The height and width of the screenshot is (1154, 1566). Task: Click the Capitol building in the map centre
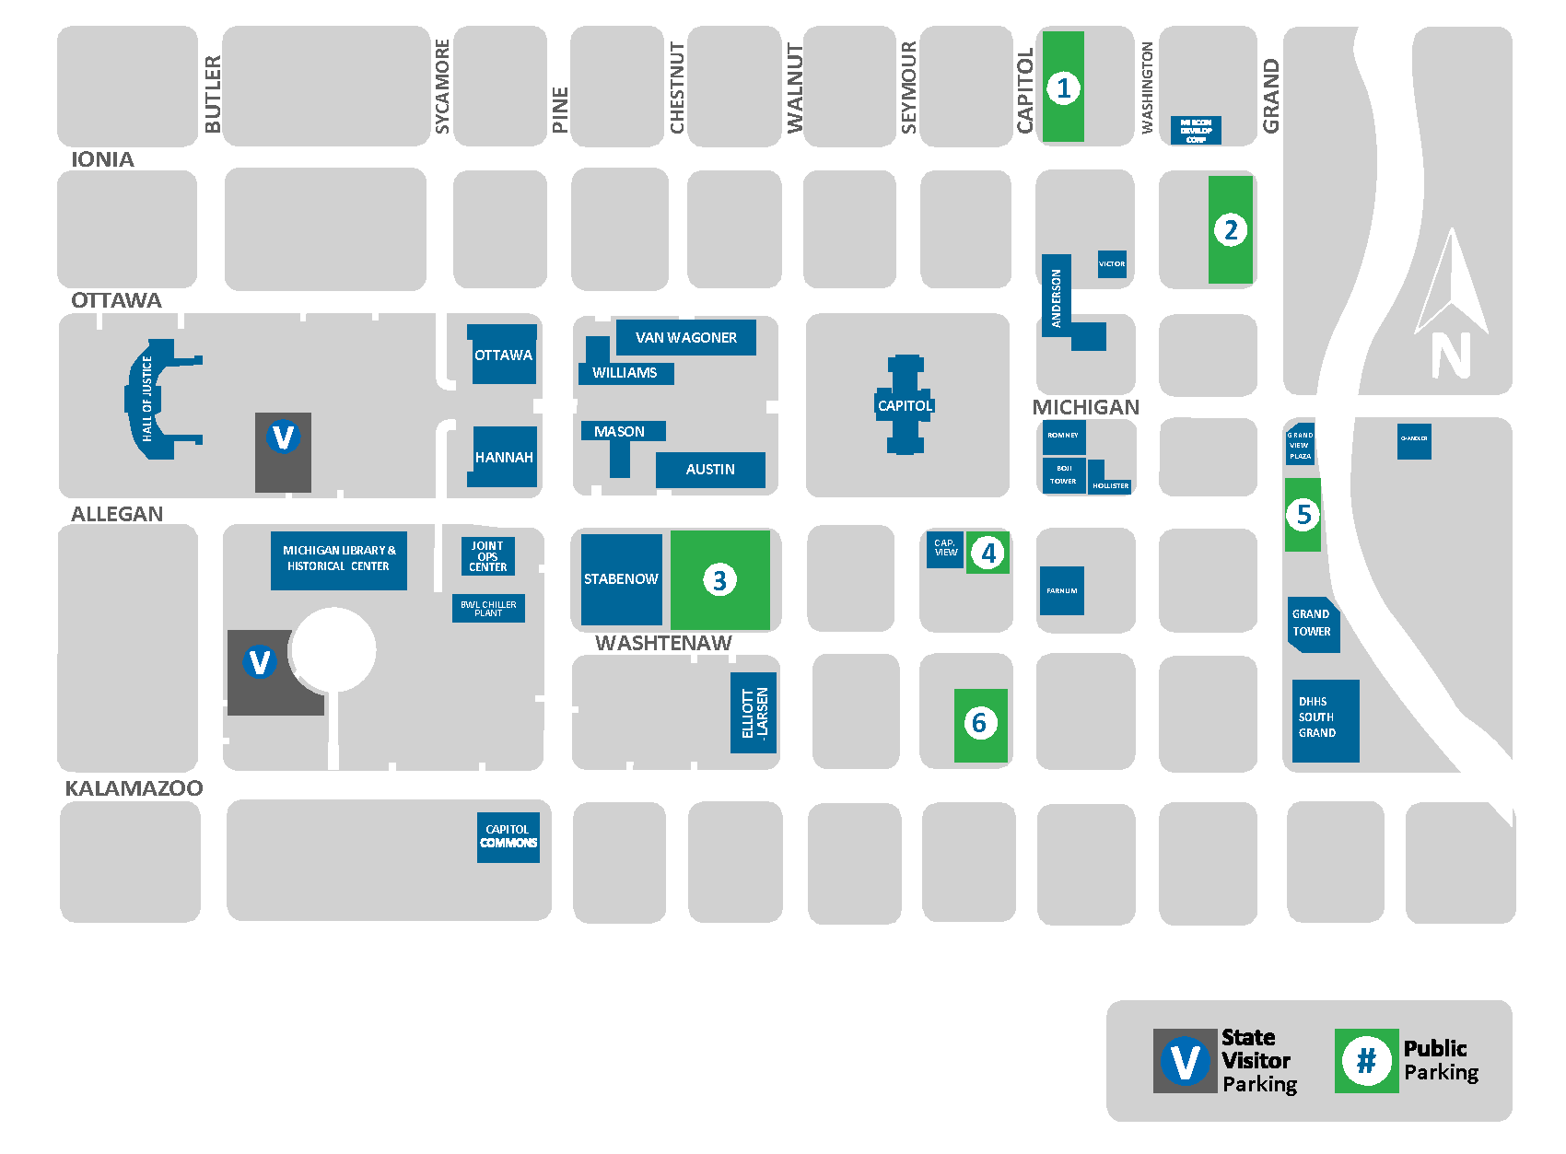(905, 405)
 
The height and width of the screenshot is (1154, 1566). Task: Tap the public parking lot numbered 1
(1063, 88)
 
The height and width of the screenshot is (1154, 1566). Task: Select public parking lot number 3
(719, 580)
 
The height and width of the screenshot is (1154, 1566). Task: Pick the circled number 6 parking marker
(979, 724)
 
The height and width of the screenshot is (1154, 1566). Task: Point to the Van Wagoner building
(685, 338)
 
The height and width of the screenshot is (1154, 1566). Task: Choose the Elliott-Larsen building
(754, 713)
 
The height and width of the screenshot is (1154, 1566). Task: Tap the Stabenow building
(621, 579)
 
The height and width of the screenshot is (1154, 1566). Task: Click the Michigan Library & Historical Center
(338, 559)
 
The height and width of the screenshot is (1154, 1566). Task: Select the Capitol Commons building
(508, 836)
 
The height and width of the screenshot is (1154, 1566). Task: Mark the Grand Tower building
(1312, 624)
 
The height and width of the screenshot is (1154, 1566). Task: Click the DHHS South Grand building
(1325, 719)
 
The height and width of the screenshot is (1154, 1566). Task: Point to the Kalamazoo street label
(134, 788)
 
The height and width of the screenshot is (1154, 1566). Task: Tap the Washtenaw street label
(663, 643)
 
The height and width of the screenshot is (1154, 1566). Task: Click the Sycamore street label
(442, 87)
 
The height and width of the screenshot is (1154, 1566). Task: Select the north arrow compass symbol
(1452, 304)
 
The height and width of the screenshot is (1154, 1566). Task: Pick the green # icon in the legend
(1366, 1061)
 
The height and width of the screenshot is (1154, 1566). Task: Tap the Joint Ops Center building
(487, 556)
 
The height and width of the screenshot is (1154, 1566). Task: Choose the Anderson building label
(1057, 297)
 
